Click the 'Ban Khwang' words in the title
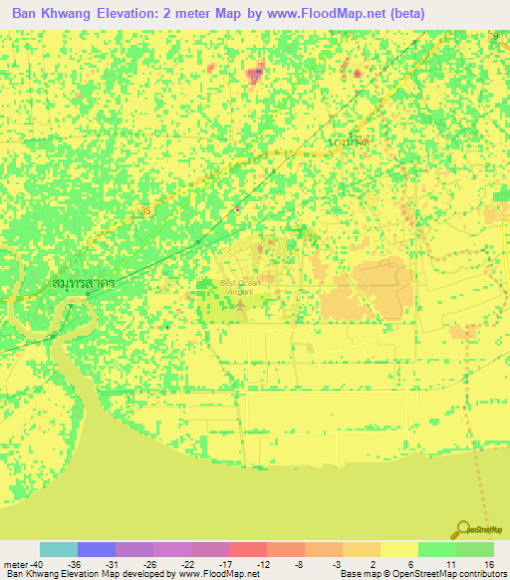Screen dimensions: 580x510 pyautogui.click(x=51, y=14)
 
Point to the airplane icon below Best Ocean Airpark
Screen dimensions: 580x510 pyautogui.click(x=239, y=304)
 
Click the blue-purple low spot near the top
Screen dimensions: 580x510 pyautogui.click(x=255, y=73)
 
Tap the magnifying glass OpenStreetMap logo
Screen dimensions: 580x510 pyautogui.click(x=464, y=530)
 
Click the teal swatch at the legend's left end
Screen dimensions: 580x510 pyautogui.click(x=59, y=549)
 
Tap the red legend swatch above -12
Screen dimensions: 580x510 pyautogui.click(x=248, y=549)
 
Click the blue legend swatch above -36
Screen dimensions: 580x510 pyautogui.click(x=97, y=549)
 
